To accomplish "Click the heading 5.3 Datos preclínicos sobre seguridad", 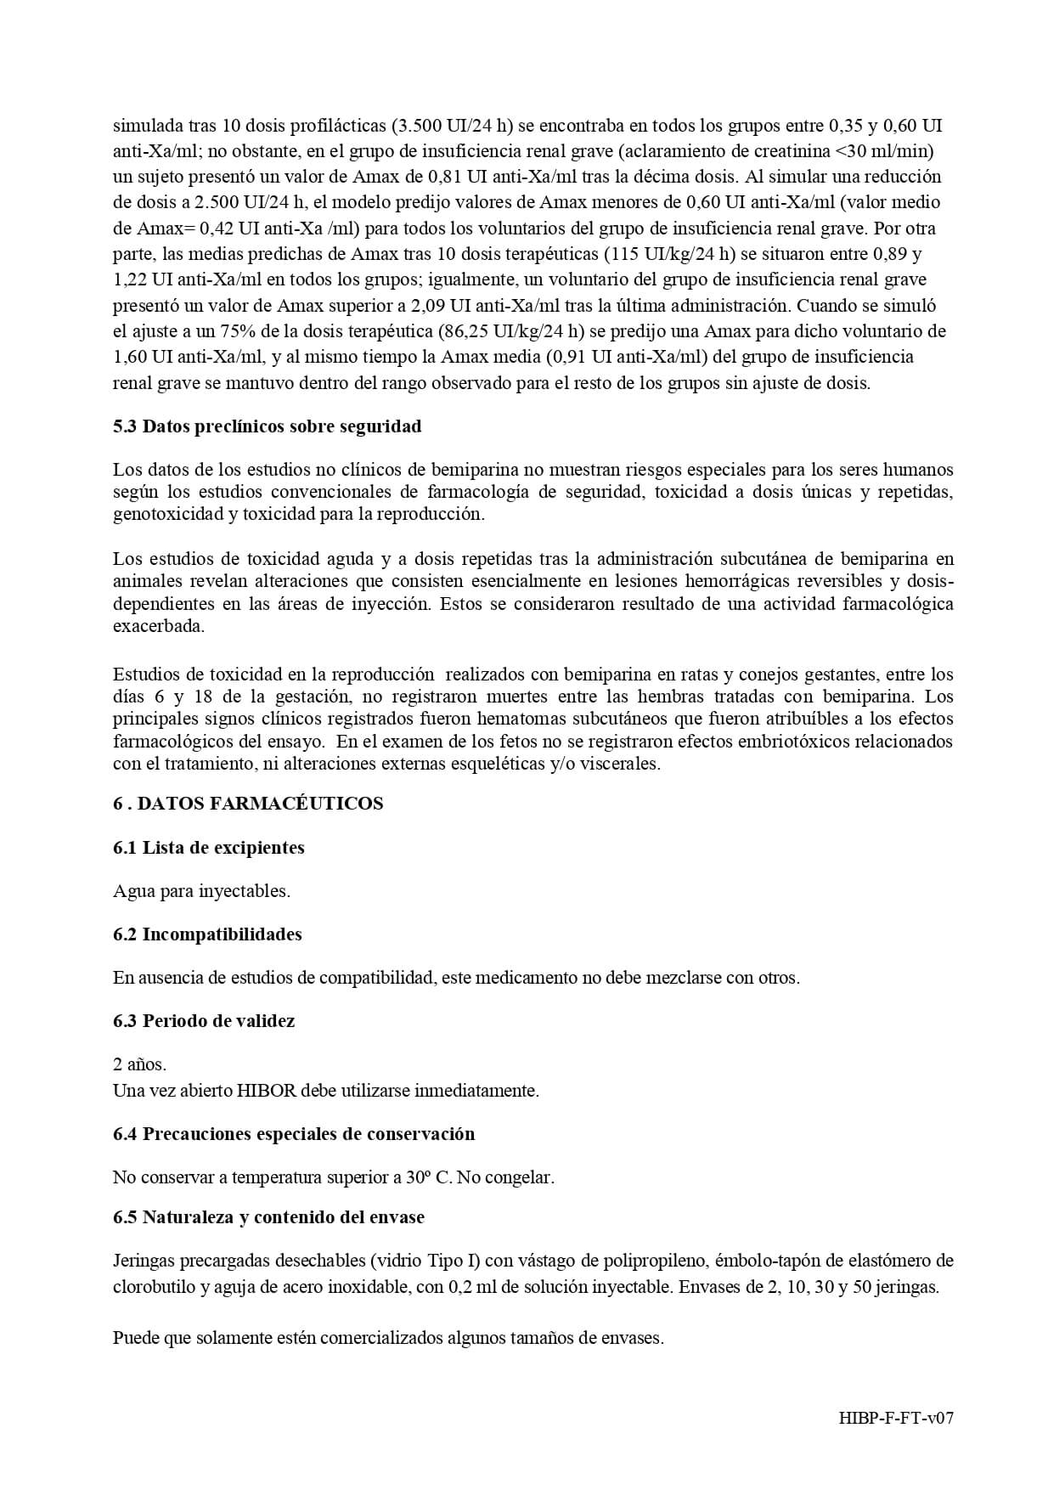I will coord(267,426).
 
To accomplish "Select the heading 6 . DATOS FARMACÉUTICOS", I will coord(248,804).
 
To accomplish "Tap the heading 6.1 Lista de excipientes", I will coord(208,848).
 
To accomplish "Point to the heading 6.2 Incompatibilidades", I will coord(207,934).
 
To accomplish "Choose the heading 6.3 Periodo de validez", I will coord(204,1021).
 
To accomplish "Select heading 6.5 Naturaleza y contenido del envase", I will coord(268,1217).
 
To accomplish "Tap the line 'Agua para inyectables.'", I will coord(201,892).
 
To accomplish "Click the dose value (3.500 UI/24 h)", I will coord(452,127).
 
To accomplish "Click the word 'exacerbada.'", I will coord(159,627).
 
